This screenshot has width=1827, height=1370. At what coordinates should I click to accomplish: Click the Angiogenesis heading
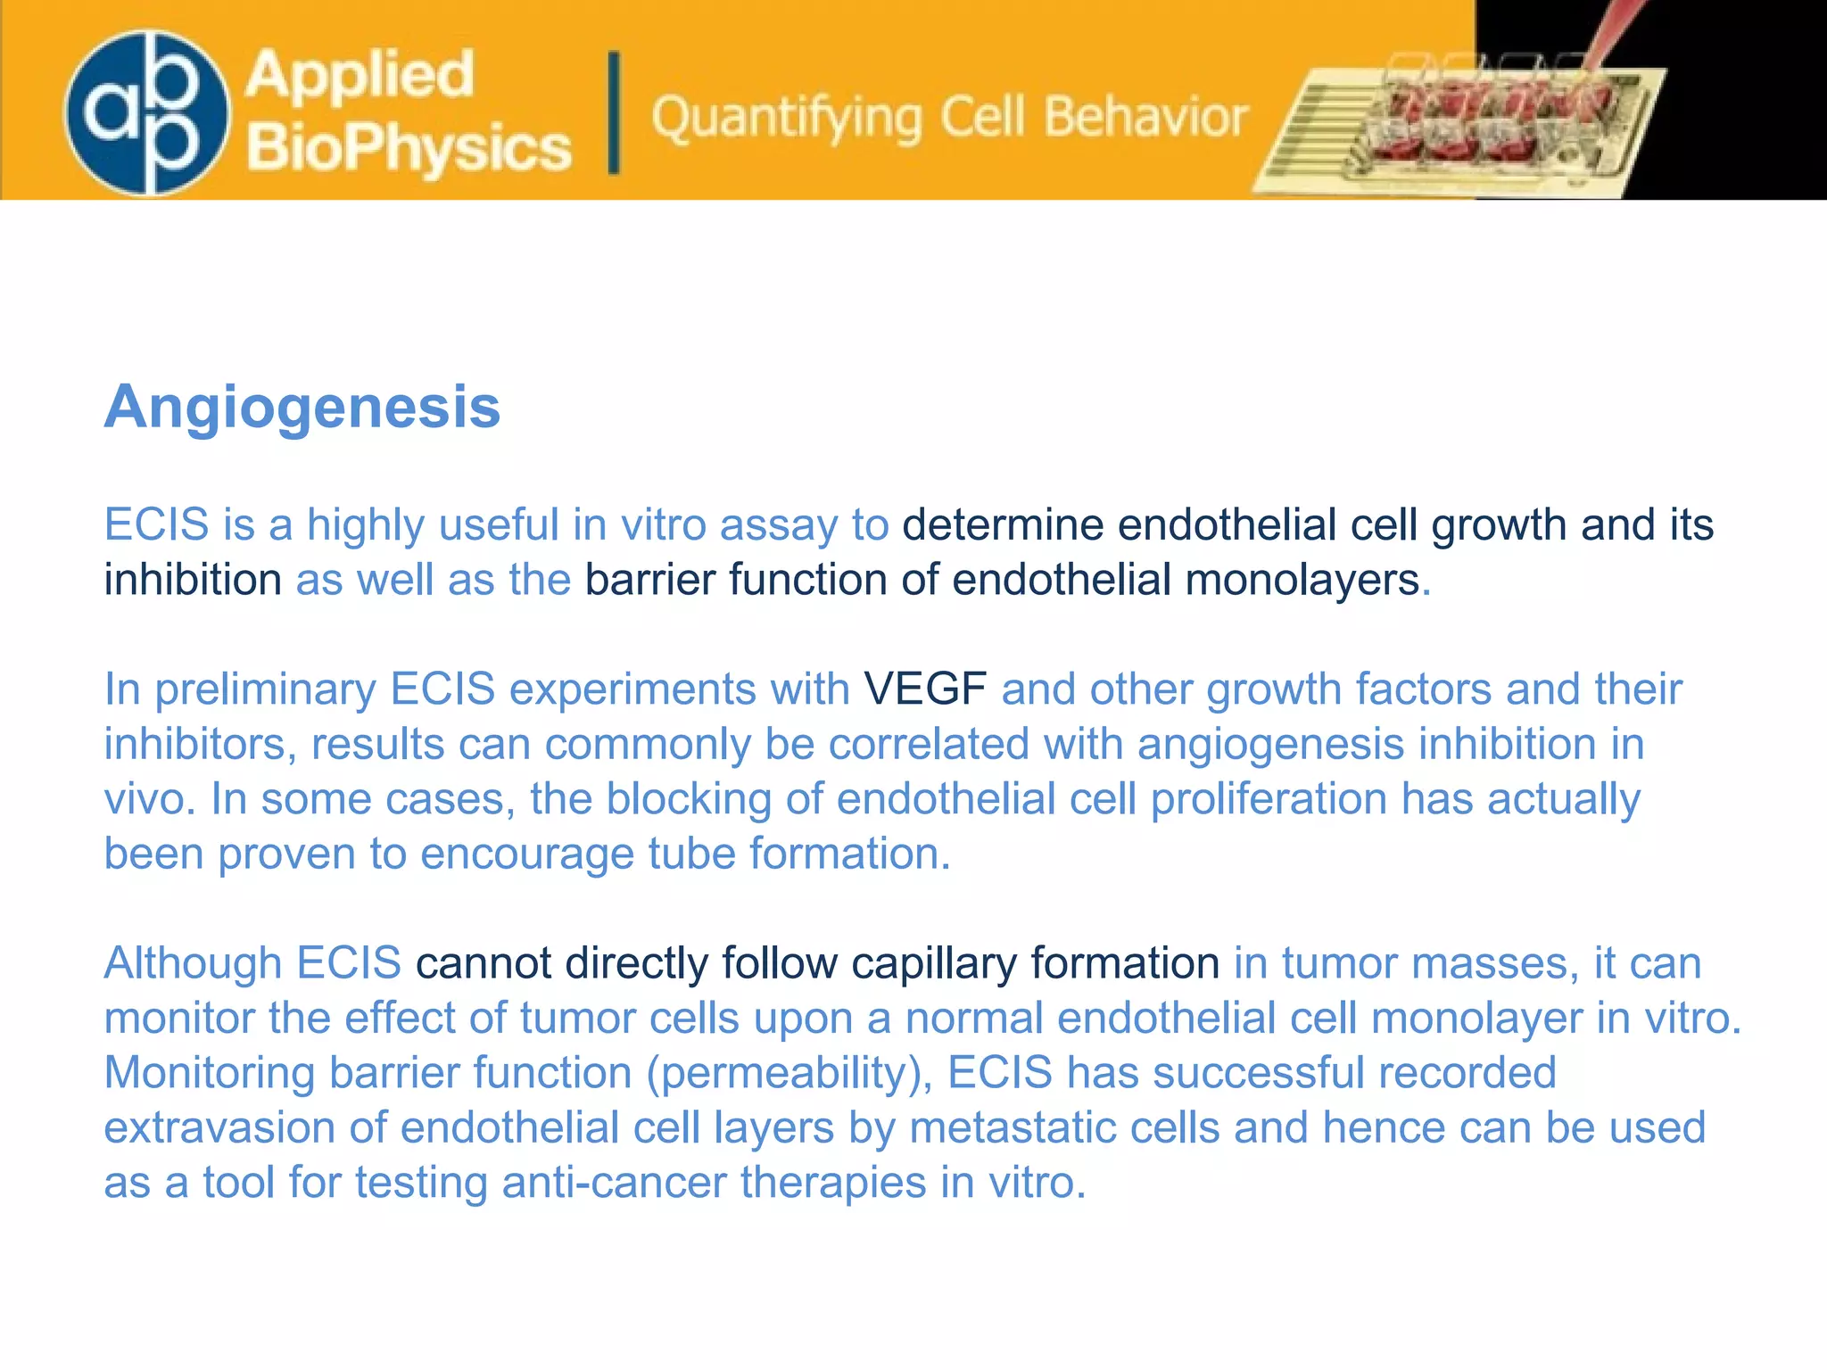302,408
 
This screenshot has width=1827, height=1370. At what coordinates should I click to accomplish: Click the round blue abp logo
146,112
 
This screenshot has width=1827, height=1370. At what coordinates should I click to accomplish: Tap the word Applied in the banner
360,74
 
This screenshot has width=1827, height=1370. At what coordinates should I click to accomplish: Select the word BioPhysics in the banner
409,147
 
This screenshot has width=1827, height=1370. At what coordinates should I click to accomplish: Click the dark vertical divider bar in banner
614,112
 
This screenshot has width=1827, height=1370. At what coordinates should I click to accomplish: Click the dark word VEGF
925,689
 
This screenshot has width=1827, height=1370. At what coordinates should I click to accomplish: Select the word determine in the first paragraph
1003,524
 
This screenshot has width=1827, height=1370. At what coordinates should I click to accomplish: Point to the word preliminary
265,689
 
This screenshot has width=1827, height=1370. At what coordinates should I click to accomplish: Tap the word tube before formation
690,854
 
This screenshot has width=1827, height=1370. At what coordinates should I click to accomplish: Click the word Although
193,963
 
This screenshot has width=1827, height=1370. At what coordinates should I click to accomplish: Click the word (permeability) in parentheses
789,1074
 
